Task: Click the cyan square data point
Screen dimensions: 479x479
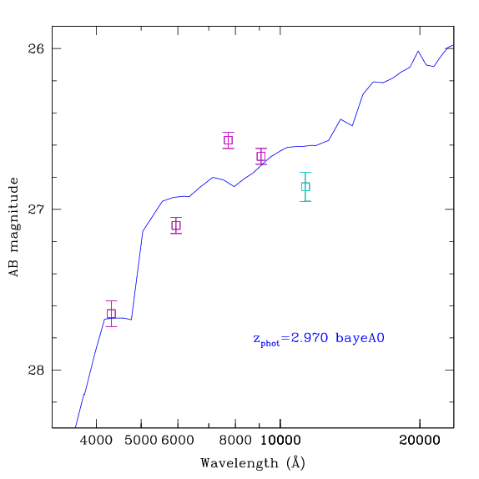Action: click(305, 187)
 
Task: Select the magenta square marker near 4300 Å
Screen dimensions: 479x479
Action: click(111, 314)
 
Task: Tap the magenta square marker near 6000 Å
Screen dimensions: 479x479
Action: click(176, 225)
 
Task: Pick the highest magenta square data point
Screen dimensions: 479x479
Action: click(228, 140)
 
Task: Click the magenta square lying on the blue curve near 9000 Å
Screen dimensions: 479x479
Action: click(261, 156)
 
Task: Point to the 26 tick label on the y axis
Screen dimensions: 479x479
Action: click(36, 48)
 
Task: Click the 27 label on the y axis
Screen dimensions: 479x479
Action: click(36, 209)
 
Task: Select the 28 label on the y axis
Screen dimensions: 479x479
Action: click(36, 370)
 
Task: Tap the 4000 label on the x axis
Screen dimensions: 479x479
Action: click(96, 441)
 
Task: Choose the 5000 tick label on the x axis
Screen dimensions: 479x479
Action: click(140, 441)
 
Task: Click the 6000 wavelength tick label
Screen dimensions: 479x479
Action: click(178, 441)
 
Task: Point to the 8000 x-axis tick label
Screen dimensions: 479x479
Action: click(235, 441)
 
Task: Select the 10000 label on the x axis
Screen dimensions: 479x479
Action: click(280, 441)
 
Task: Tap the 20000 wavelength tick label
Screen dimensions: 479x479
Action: click(420, 441)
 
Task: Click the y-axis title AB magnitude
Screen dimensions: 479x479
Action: click(13, 227)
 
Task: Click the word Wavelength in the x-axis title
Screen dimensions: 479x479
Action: click(239, 463)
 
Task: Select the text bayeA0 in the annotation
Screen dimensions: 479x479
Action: click(360, 338)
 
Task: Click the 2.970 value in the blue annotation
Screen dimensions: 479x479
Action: click(309, 338)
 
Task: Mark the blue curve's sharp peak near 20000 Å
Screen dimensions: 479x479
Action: click(418, 52)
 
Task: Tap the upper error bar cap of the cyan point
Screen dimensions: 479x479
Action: click(305, 173)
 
